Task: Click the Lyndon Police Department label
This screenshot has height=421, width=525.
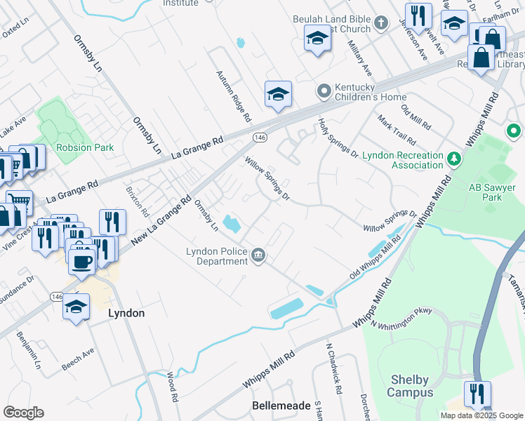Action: tap(216, 256)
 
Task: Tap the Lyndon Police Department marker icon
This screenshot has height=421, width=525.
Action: tap(258, 256)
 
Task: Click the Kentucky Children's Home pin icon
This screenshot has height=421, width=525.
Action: tap(324, 91)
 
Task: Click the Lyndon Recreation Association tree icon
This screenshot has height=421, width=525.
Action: tap(454, 160)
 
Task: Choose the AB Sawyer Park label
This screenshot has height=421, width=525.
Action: tap(485, 192)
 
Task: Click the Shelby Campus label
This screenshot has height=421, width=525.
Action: tap(411, 387)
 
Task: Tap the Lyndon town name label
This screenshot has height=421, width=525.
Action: tap(126, 313)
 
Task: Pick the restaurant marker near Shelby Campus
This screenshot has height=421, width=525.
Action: tap(477, 394)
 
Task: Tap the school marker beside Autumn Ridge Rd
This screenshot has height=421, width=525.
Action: tap(278, 93)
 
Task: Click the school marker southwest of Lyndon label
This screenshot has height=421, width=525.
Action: tap(76, 307)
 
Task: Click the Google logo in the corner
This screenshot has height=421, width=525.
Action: tap(23, 413)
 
